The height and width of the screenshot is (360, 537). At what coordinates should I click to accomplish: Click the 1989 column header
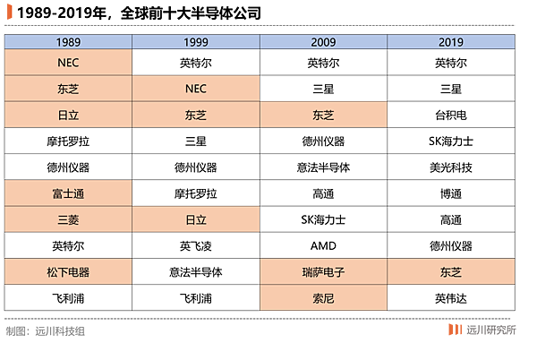[x=68, y=42]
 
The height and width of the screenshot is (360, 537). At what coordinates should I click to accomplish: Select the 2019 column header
[x=451, y=42]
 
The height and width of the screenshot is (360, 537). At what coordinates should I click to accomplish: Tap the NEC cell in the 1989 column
[x=68, y=63]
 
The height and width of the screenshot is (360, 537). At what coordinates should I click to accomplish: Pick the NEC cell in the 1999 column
[x=196, y=89]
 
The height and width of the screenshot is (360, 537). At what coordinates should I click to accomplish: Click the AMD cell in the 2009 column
[x=323, y=245]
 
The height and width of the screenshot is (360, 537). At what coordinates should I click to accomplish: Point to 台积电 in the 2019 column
[x=451, y=116]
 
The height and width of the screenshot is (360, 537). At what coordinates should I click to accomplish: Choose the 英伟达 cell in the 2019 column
[x=451, y=298]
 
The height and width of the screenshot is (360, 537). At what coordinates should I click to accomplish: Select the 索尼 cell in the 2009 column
[x=323, y=298]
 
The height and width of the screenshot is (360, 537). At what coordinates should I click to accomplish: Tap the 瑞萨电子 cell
[x=323, y=272]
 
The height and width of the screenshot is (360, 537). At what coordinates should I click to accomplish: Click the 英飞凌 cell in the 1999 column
[x=196, y=245]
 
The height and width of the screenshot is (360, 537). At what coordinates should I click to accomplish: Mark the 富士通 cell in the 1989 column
[x=68, y=193]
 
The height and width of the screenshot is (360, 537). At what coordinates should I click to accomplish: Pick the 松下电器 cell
[x=68, y=272]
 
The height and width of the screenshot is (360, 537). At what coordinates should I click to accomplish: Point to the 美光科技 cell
[x=451, y=167]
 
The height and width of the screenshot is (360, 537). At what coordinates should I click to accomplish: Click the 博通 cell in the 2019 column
[x=451, y=193]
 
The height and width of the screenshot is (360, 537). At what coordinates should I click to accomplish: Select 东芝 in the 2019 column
[x=451, y=272]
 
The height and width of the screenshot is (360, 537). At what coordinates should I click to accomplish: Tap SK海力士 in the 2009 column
[x=323, y=219]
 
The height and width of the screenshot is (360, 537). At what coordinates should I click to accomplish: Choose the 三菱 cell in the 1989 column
[x=68, y=219]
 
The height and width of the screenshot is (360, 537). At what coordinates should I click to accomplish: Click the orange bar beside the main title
[x=9, y=13]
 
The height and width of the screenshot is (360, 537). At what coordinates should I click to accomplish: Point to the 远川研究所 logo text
[x=490, y=330]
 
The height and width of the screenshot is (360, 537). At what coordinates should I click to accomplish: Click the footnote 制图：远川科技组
[x=46, y=331]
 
